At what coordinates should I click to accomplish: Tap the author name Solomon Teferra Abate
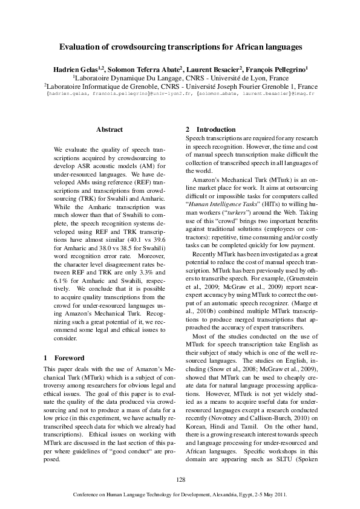[x=157, y=70]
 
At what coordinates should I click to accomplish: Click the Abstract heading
[x=110, y=129]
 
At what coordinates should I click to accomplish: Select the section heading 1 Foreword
[x=64, y=358]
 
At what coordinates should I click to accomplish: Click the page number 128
[x=180, y=479]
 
